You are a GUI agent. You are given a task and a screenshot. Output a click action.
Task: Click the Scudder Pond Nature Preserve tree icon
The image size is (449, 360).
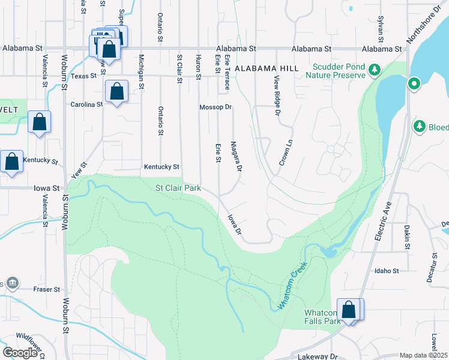point(375,70)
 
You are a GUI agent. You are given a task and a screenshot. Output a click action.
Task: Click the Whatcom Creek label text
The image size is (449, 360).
point(292,287)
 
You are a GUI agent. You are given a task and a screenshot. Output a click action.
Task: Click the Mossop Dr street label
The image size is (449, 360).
point(215,107)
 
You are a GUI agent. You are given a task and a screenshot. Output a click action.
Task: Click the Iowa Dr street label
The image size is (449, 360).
point(234,223)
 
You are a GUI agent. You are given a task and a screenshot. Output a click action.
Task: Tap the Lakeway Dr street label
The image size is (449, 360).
point(318,356)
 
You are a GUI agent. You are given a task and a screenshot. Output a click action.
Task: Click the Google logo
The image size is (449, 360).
point(20,352)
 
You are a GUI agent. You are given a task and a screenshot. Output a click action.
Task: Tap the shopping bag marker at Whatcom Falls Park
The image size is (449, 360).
point(348,310)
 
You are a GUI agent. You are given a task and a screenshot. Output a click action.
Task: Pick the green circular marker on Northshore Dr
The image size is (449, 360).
point(414,83)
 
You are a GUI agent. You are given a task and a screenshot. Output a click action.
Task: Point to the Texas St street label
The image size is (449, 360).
point(83,76)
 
